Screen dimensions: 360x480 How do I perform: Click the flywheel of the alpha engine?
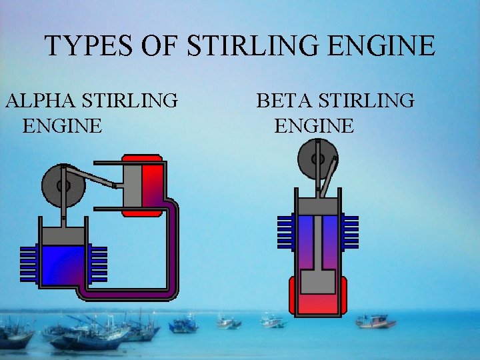[63, 186]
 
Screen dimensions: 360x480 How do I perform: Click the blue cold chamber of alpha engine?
[64, 263]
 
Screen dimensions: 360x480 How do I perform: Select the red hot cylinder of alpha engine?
[152, 187]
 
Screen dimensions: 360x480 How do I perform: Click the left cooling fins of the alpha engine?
[28, 263]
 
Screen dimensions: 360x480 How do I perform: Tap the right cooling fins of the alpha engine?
[99, 263]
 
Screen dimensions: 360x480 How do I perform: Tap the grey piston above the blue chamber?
[64, 235]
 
